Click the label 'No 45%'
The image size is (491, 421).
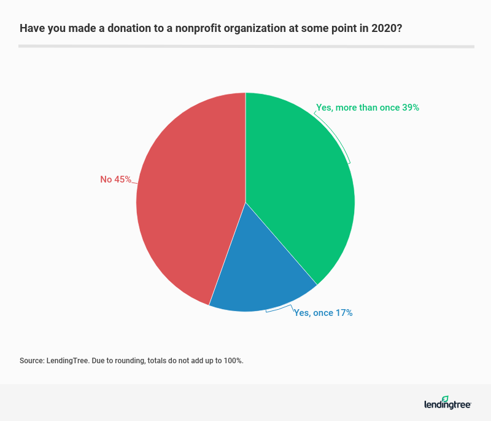pyautogui.click(x=116, y=179)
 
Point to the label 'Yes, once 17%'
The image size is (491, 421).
pyautogui.click(x=323, y=313)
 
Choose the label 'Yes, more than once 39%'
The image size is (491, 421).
pyautogui.click(x=367, y=108)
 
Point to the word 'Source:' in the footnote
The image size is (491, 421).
pyautogui.click(x=31, y=361)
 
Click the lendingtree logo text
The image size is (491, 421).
pyautogui.click(x=447, y=405)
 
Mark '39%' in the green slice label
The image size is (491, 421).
pyautogui.click(x=410, y=108)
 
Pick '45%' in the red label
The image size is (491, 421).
pyautogui.click(x=123, y=179)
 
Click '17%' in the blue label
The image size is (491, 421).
pyautogui.click(x=343, y=313)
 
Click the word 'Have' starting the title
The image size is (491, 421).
pyautogui.click(x=30, y=28)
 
